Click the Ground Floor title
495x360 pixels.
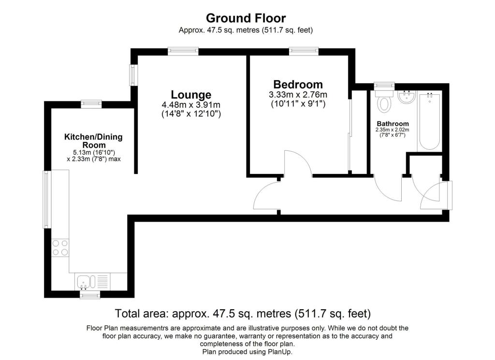click(246, 18)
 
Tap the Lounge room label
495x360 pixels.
click(191, 95)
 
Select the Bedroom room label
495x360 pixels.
click(298, 84)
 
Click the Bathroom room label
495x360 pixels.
click(393, 124)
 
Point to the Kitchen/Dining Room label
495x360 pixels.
click(93, 141)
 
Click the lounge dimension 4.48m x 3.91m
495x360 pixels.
click(191, 105)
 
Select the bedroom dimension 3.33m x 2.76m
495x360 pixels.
click(298, 94)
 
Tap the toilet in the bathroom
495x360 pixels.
click(385, 101)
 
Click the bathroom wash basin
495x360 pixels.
click(407, 97)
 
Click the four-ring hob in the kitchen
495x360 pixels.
click(60, 248)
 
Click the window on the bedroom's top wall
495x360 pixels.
click(304, 50)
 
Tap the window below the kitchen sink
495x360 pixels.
click(90, 294)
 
